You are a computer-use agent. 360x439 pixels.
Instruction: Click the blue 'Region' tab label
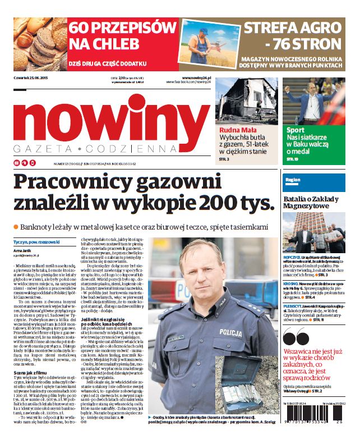pos(293,180)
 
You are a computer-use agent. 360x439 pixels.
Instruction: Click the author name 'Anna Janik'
pos(23,250)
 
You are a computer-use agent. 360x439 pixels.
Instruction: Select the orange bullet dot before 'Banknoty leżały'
pos(16,226)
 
